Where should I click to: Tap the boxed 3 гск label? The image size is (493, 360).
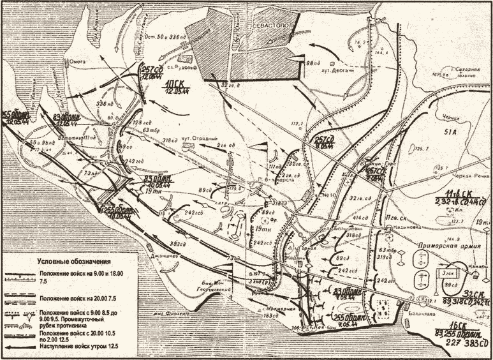click(446, 273)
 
